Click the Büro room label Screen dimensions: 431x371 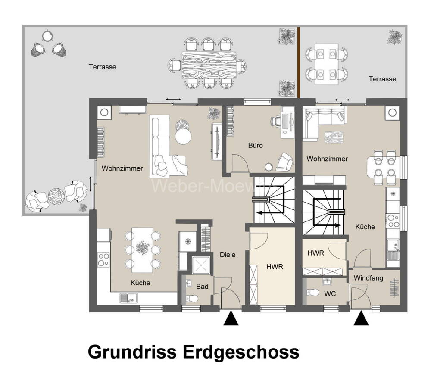255,145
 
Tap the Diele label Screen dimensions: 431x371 228,255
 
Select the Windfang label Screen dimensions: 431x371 369,278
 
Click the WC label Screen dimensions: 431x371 330,294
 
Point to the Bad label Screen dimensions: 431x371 202,287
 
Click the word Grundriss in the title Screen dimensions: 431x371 132,352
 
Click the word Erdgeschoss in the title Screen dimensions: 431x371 241,352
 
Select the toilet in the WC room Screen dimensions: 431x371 312,293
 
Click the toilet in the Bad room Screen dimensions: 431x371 192,299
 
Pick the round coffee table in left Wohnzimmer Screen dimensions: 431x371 183,136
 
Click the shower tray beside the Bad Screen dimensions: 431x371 201,265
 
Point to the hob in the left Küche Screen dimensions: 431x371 103,260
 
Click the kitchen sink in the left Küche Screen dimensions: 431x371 128,298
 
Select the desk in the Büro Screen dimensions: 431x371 287,122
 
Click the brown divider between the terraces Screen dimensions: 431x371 299,62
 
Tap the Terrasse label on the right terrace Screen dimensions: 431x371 382,79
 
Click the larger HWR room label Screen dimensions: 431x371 275,267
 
